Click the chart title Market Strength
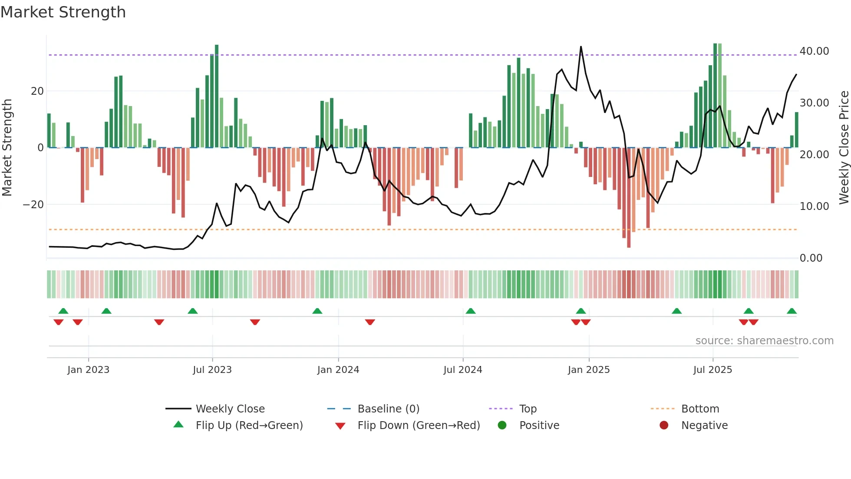pyautogui.click(x=63, y=12)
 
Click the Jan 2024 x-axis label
pyautogui.click(x=338, y=370)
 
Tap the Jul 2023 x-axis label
pyautogui.click(x=212, y=370)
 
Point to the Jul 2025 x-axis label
pyautogui.click(x=712, y=370)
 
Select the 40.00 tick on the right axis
pyautogui.click(x=814, y=51)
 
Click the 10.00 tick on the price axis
pyautogui.click(x=814, y=206)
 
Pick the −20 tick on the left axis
pyautogui.click(x=33, y=205)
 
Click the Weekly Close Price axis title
pyautogui.click(x=844, y=148)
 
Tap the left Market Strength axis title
pyautogui.click(x=7, y=148)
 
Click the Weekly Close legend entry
pyautogui.click(x=230, y=409)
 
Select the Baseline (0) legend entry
pyautogui.click(x=388, y=409)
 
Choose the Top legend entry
pyautogui.click(x=528, y=409)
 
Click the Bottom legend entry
pyautogui.click(x=700, y=409)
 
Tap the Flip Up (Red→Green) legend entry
pyautogui.click(x=249, y=426)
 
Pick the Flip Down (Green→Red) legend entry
pyautogui.click(x=419, y=426)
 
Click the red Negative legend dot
pyautogui.click(x=664, y=426)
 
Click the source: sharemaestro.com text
pyautogui.click(x=764, y=341)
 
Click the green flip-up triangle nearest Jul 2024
pyautogui.click(x=471, y=311)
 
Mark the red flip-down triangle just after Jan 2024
pyautogui.click(x=370, y=322)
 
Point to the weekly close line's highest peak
pyautogui.click(x=581, y=47)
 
